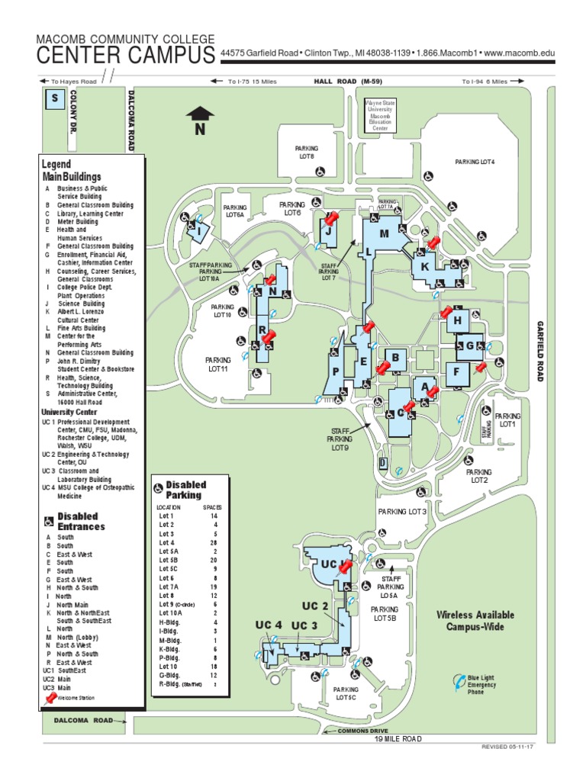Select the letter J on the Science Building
click(x=328, y=230)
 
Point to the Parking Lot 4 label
click(x=475, y=162)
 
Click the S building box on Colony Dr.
click(x=54, y=99)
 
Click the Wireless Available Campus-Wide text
click(x=475, y=621)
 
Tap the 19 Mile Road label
click(x=398, y=739)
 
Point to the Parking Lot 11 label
click(x=217, y=364)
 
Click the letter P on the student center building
click(x=336, y=371)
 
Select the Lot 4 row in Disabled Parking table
click(x=187, y=542)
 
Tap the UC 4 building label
click(x=268, y=625)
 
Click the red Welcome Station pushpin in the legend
click(x=51, y=696)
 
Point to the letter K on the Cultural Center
click(x=425, y=266)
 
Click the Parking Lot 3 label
click(x=402, y=512)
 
